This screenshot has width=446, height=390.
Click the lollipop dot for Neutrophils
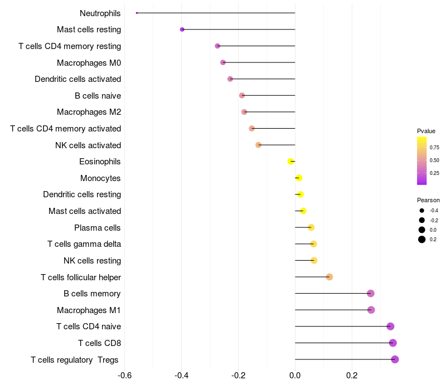[x=137, y=13]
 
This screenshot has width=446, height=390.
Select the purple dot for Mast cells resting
[x=182, y=30]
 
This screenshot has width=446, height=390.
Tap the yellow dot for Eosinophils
[x=290, y=162]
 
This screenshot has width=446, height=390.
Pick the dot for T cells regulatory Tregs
[x=395, y=359]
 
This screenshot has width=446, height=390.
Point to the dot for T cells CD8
[x=393, y=343]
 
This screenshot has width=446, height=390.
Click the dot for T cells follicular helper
[x=329, y=277]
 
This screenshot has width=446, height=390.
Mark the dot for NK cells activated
[x=258, y=145]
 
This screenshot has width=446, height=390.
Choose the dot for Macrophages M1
[x=371, y=310]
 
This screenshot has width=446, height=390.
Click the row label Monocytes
[x=100, y=178]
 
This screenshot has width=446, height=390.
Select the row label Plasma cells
[x=98, y=228]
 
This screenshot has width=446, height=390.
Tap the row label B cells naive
[x=98, y=96]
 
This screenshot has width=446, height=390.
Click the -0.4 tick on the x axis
[x=182, y=376]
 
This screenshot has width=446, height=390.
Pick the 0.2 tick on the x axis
[x=352, y=376]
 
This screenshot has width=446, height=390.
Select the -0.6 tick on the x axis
[x=125, y=376]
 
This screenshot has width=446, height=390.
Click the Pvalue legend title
[x=426, y=131]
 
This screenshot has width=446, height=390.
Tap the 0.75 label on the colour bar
[x=434, y=148]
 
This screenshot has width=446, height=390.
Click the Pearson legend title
[x=428, y=200]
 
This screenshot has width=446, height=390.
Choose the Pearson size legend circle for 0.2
[x=422, y=240]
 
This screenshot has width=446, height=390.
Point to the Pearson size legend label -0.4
[x=434, y=211]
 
